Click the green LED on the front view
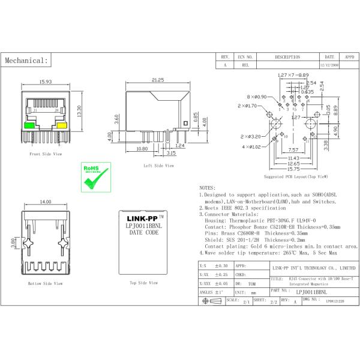(x=28, y=126)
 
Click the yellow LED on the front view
(x=61, y=126)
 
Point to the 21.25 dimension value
(x=158, y=80)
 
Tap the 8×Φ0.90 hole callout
(x=256, y=97)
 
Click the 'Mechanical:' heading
(x=26, y=61)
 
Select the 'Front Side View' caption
(x=45, y=154)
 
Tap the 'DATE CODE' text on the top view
(x=142, y=232)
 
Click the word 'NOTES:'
(x=207, y=188)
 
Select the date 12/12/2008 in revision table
(x=330, y=65)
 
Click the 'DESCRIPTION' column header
(x=287, y=57)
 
